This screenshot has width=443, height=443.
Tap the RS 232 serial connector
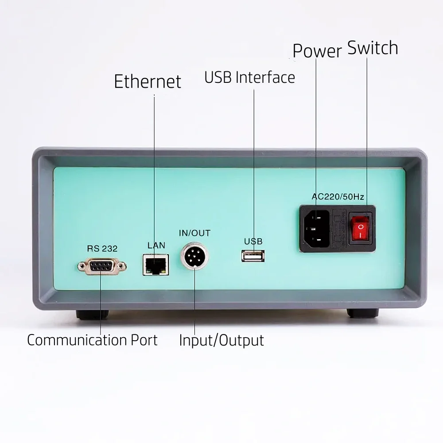click(102, 266)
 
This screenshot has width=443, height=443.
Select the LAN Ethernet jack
click(155, 264)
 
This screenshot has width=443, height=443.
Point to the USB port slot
click(253, 256)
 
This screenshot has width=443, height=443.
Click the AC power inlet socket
click(316, 229)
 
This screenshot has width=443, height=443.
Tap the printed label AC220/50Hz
click(338, 197)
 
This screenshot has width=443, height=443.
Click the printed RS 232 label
click(102, 249)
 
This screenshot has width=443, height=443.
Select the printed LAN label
click(156, 245)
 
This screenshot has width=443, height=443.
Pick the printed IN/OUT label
click(194, 233)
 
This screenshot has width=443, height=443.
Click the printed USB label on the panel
click(253, 241)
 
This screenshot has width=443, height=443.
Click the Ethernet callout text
click(148, 82)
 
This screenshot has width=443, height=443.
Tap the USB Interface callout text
click(249, 77)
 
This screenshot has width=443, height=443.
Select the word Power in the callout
click(317, 51)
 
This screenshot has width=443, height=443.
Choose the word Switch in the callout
click(373, 48)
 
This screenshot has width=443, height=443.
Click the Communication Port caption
click(92, 340)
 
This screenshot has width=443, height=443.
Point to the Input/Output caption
click(221, 340)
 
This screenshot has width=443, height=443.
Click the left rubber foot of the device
click(92, 314)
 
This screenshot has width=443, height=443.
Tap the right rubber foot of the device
click(362, 313)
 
